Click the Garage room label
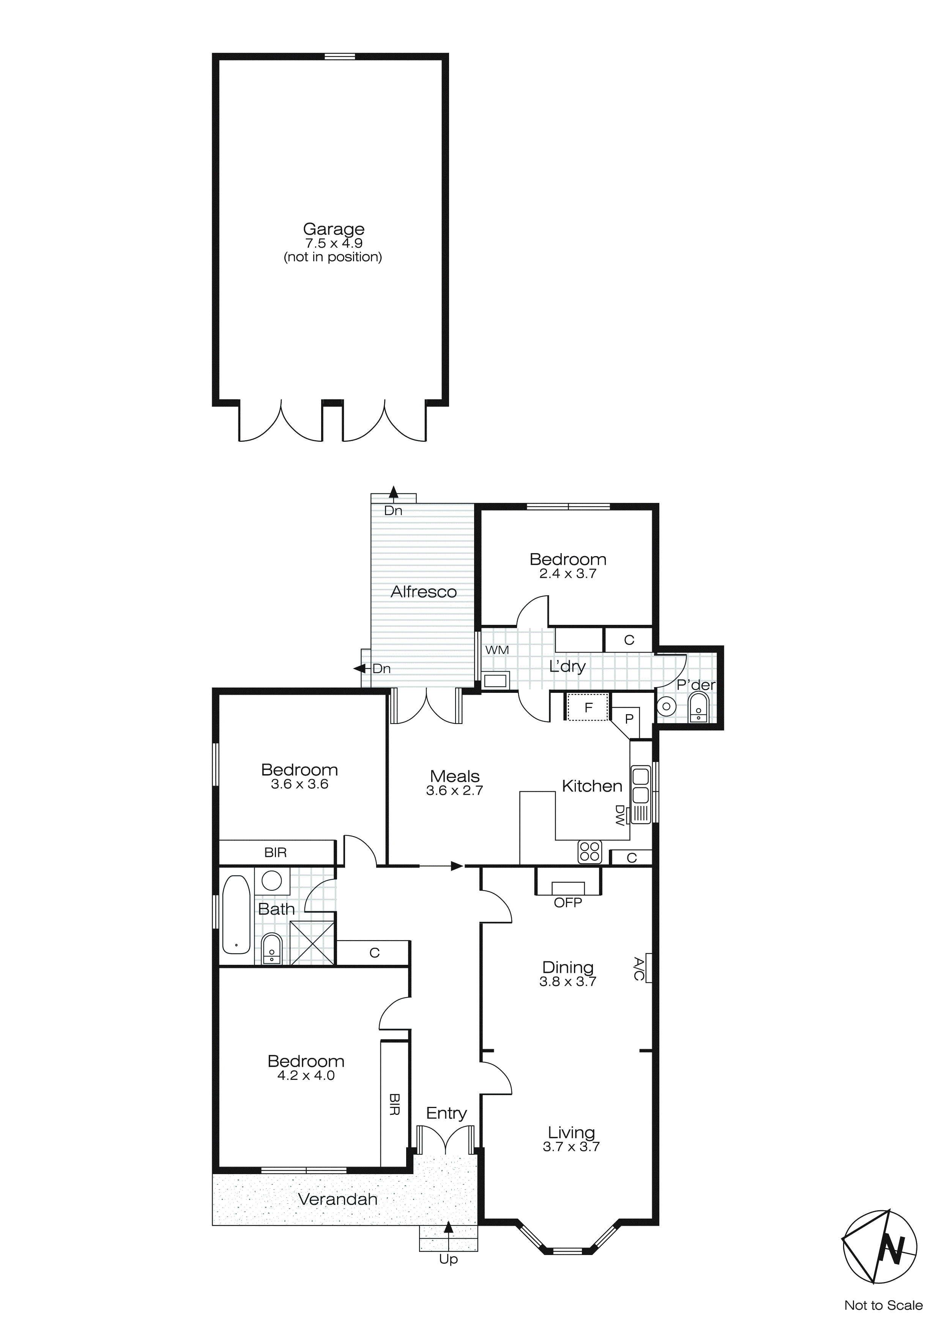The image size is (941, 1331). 333,229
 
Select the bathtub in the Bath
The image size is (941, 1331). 236,914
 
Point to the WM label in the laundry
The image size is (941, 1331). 497,650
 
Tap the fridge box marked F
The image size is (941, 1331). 588,707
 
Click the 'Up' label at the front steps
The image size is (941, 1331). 448,1259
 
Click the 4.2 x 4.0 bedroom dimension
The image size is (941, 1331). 306,1075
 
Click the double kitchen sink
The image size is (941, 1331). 640,784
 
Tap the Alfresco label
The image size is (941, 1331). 424,592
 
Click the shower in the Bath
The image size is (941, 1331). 312,942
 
